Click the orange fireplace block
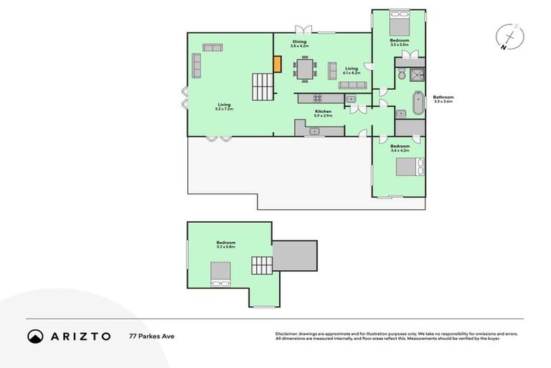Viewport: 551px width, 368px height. pyautogui.click(x=277, y=63)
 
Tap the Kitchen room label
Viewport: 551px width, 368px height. pyautogui.click(x=323, y=113)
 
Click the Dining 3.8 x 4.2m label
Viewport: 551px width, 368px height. pyautogui.click(x=299, y=43)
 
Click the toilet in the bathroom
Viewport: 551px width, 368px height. pyautogui.click(x=401, y=74)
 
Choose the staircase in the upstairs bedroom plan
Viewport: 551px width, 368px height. pyautogui.click(x=262, y=265)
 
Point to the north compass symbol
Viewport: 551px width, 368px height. pyautogui.click(x=509, y=37)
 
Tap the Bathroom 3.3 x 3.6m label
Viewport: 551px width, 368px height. pyautogui.click(x=443, y=99)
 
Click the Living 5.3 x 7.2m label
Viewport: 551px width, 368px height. pyautogui.click(x=225, y=106)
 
